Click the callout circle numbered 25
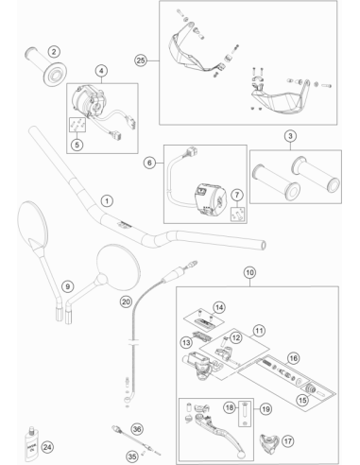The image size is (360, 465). click(141, 60)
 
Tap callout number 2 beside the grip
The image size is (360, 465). click(54, 51)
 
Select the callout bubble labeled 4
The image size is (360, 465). click(101, 71)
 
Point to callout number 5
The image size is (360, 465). click(77, 145)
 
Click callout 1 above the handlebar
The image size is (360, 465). click(107, 200)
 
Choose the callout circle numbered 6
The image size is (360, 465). click(149, 163)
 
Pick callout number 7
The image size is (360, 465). click(237, 196)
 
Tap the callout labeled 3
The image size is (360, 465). click(290, 136)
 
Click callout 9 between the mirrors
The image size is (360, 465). click(67, 286)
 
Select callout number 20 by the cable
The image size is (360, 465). click(126, 301)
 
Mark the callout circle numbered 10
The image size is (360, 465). click(249, 272)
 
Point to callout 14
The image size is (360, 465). click(219, 307)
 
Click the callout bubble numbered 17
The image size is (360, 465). click(288, 441)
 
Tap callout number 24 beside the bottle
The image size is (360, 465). click(47, 447)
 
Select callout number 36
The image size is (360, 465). click(137, 429)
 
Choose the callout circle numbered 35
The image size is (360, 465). click(132, 456)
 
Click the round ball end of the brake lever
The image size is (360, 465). click(242, 455)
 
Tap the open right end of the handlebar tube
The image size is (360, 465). click(263, 245)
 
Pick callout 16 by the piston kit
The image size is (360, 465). click(293, 358)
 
